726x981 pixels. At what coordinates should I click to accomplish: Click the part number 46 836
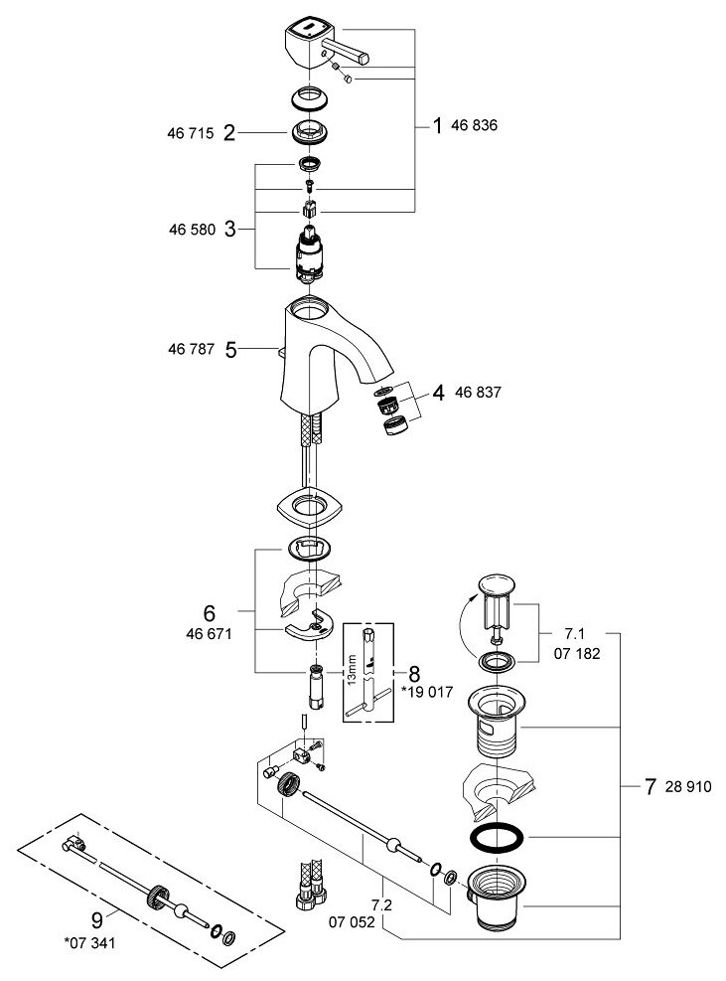tap(476, 126)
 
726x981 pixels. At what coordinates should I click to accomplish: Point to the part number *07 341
tap(94, 941)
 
